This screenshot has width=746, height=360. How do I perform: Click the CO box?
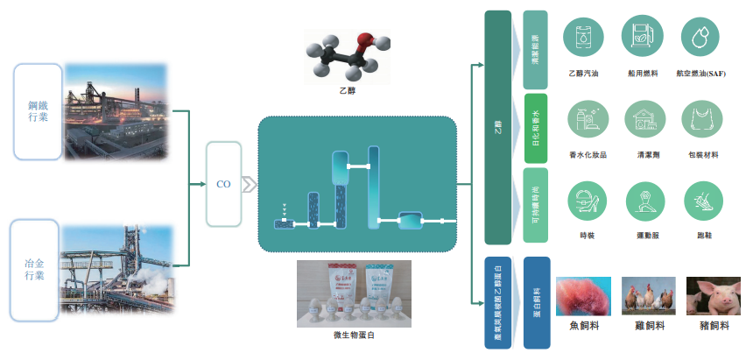(222, 185)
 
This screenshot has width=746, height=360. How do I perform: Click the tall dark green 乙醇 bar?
(497, 128)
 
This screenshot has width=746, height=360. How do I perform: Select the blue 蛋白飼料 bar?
(535, 301)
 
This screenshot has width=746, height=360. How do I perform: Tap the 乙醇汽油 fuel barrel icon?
(583, 36)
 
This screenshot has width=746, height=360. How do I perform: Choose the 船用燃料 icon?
(642, 36)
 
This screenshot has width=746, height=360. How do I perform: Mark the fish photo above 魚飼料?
(583, 296)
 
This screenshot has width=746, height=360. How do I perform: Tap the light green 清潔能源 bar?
(535, 50)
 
